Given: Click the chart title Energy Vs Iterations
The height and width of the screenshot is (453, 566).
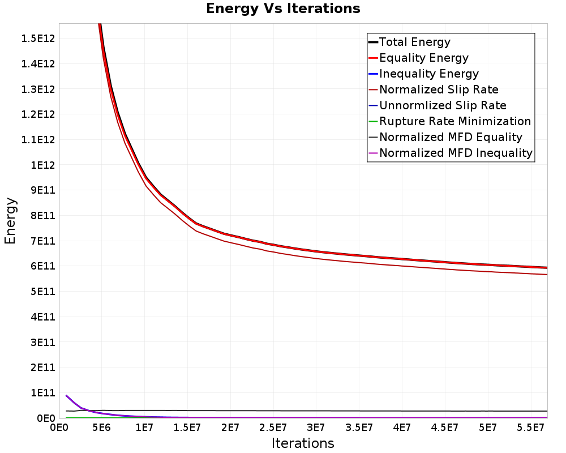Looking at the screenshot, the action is point(283,8).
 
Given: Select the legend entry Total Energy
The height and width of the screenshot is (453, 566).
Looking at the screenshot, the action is point(415,42).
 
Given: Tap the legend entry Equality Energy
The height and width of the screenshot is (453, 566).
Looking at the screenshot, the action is point(424,58).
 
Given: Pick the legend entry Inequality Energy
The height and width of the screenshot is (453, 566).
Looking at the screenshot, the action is point(429,74).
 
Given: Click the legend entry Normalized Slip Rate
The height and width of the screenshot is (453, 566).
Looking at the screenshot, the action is point(439,89).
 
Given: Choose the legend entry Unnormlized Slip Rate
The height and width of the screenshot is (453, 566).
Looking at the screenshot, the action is point(443,105).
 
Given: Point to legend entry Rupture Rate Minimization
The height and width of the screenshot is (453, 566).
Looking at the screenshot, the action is point(455,121).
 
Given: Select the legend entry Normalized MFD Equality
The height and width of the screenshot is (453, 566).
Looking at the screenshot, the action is point(451,137).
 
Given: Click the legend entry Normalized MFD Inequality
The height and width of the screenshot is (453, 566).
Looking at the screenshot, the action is point(456,153).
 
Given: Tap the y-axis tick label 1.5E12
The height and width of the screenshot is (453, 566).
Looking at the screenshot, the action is point(38,39).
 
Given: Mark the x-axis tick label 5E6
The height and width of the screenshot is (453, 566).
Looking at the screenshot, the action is point(101,428).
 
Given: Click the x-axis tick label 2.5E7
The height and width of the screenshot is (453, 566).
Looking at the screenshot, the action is point(273,428).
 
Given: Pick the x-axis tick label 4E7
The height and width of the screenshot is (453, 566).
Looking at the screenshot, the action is point(402,428).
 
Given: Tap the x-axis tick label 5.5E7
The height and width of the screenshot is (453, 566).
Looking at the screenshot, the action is point(530,428).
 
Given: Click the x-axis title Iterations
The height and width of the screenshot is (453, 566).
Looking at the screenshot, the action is point(303,443).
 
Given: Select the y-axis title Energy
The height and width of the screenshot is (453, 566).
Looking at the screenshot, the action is point(10,221).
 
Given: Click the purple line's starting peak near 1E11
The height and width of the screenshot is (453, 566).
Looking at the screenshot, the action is point(66,396).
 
